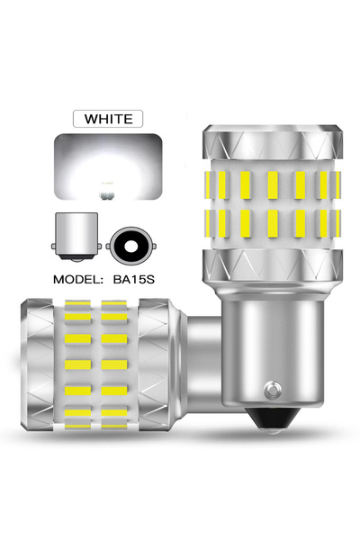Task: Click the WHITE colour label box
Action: coord(108,118)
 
